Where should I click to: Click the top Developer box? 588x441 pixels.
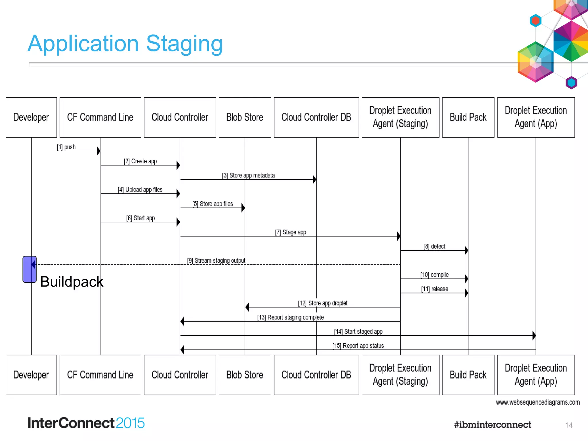(31, 117)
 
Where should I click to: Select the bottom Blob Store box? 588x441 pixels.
(245, 375)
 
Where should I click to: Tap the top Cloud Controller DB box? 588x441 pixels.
(316, 117)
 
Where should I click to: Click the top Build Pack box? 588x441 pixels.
(468, 117)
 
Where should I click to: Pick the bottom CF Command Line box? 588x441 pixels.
(100, 375)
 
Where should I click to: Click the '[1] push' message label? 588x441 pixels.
(66, 147)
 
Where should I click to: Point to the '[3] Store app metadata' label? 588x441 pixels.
(248, 175)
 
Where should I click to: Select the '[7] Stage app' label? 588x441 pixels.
(291, 232)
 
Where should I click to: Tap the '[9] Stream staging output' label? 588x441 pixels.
(216, 260)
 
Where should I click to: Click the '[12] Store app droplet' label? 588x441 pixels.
(323, 303)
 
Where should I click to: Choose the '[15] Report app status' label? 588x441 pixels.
(358, 346)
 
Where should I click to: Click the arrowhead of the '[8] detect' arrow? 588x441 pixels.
(466, 250)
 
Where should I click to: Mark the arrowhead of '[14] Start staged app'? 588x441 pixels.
(534, 335)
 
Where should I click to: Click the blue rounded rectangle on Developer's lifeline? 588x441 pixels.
(29, 269)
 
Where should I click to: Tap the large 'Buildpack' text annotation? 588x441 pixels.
(71, 282)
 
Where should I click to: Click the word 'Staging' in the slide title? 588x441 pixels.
(184, 44)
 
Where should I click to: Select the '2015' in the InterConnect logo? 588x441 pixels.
(130, 423)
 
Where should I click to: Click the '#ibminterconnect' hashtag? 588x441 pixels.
(492, 425)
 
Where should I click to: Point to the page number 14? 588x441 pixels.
(569, 425)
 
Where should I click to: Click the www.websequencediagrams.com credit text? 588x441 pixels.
(537, 402)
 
